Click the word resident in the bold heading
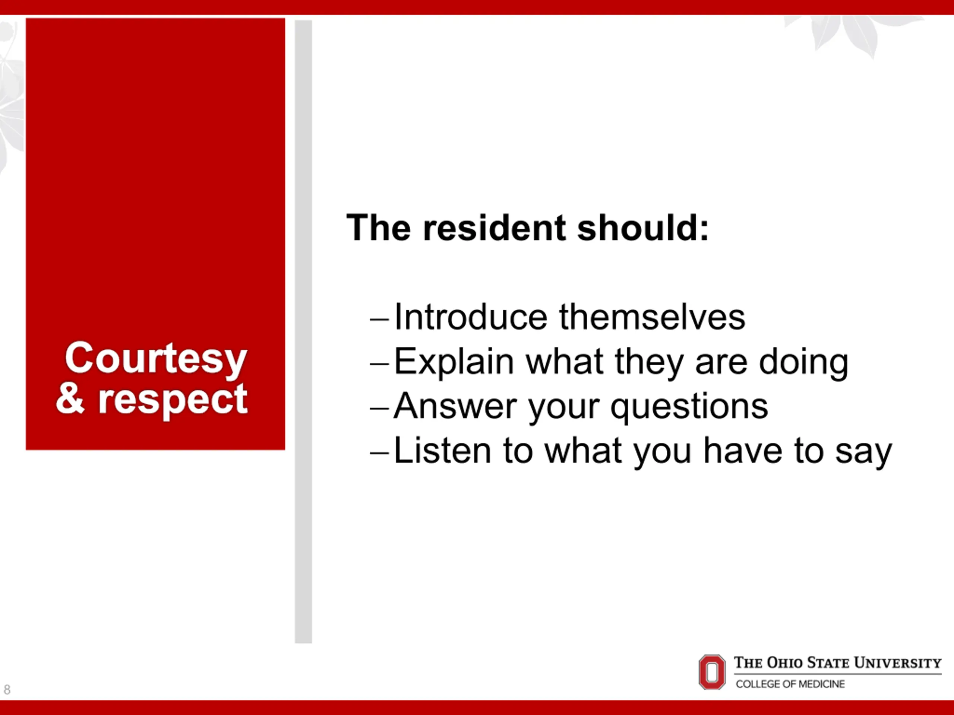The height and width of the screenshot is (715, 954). coord(494,228)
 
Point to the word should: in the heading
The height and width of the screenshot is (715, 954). coord(643,228)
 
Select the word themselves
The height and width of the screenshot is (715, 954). coord(652,317)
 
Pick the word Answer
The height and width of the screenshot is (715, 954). coord(455,406)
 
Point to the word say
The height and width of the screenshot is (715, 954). coord(863,454)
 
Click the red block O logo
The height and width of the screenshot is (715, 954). coord(712,672)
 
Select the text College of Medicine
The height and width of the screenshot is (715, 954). coord(790,684)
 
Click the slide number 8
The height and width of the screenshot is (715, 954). coord(7,690)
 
